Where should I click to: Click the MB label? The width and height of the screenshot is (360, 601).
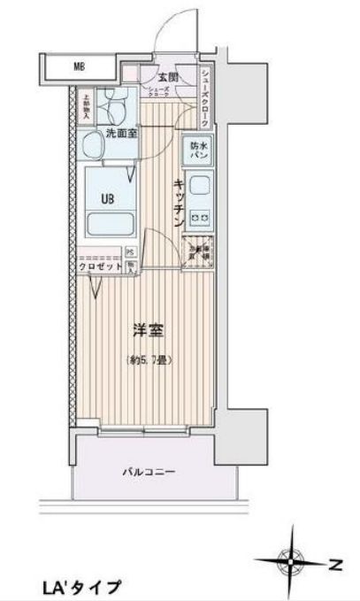[79, 65]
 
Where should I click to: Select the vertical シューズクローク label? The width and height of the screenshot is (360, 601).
[204, 94]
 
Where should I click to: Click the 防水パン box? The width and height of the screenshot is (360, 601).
[197, 150]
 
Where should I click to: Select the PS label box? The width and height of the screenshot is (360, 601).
[130, 251]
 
